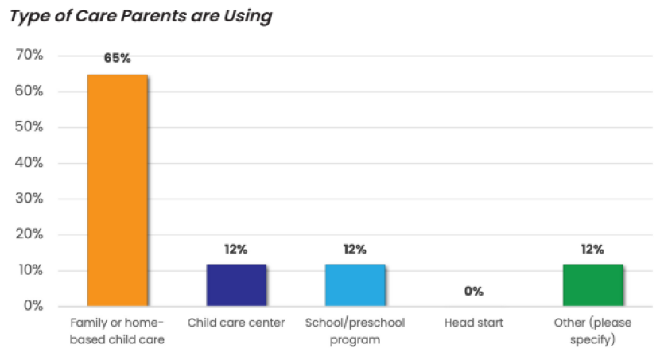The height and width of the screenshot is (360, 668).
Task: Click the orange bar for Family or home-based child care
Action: click(x=117, y=190)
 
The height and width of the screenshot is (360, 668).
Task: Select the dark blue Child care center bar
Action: click(x=236, y=285)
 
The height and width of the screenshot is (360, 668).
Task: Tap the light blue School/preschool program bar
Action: click(x=355, y=285)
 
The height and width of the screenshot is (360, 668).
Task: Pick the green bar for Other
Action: click(x=592, y=285)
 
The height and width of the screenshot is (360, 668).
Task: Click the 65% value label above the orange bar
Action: click(x=117, y=59)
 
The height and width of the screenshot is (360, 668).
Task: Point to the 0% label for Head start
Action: click(x=473, y=292)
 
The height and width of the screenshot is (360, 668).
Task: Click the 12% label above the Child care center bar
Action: click(x=236, y=250)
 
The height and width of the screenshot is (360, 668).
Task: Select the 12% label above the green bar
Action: click(x=592, y=250)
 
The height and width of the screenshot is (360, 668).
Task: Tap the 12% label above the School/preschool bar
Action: click(x=355, y=250)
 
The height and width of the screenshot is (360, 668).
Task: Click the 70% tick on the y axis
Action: click(x=29, y=56)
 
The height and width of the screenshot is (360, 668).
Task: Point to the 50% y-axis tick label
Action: click(x=29, y=127)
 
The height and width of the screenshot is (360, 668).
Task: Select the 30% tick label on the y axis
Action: click(x=29, y=199)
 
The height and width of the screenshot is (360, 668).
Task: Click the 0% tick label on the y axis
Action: click(x=32, y=306)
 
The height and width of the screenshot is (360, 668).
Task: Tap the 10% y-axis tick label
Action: click(x=29, y=270)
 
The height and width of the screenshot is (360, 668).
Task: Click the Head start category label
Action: click(x=473, y=323)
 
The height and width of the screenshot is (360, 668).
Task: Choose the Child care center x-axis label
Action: click(x=236, y=323)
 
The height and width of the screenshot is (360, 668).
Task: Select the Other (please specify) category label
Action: click(x=592, y=331)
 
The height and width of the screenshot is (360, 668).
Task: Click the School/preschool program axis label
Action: click(x=355, y=331)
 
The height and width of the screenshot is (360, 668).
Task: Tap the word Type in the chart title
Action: click(x=28, y=17)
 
